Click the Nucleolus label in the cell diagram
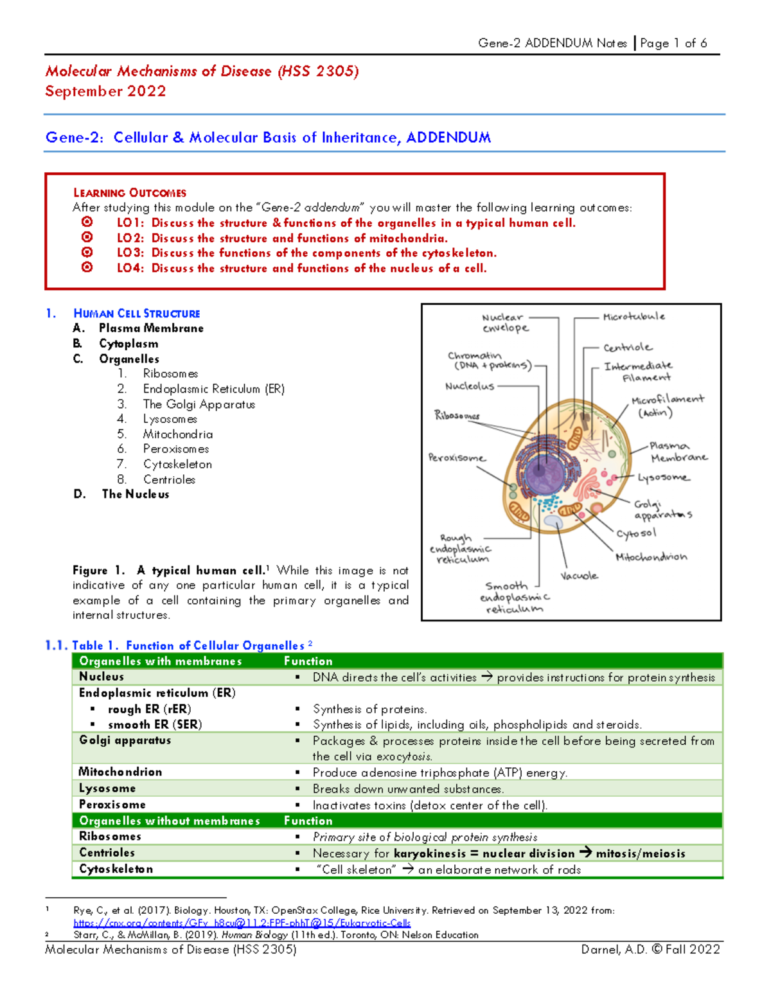(x=470, y=386)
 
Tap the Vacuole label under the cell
(x=579, y=576)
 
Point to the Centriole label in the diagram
(x=628, y=348)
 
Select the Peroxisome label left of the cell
(x=457, y=458)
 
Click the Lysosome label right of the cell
(x=663, y=477)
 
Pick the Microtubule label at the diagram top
(x=634, y=316)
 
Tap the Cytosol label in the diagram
(x=636, y=533)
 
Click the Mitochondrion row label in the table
(x=120, y=772)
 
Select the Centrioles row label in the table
(x=107, y=853)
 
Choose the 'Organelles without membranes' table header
(x=170, y=821)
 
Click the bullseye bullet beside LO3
(x=87, y=253)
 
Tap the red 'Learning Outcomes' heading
(x=130, y=193)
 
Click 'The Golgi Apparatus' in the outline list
(x=199, y=404)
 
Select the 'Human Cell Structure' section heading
(x=137, y=314)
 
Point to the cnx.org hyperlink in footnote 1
(x=242, y=923)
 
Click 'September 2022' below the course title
(x=105, y=91)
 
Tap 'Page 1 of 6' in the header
(x=673, y=43)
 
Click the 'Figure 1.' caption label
(x=98, y=571)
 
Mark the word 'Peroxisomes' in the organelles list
(x=176, y=449)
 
